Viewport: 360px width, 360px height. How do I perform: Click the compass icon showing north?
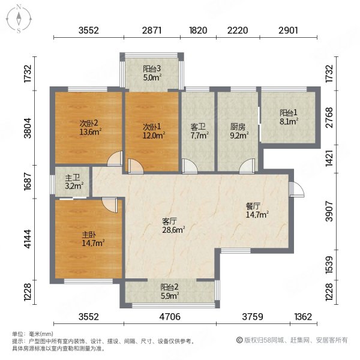tap(19, 17)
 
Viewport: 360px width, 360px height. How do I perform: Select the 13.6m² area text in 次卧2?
tap(91, 133)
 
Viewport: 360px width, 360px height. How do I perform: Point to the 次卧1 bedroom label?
tap(151, 127)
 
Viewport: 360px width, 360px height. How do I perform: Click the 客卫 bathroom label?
tap(199, 127)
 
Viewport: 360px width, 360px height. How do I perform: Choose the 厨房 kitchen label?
tap(238, 127)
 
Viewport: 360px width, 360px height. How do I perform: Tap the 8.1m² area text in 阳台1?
tap(289, 120)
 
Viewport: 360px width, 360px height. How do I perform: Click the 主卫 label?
tap(73, 177)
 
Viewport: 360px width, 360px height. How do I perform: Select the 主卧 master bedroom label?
tap(88, 235)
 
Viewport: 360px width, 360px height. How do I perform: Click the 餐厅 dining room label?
tap(253, 205)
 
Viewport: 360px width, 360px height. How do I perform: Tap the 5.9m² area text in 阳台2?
tap(169, 295)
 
